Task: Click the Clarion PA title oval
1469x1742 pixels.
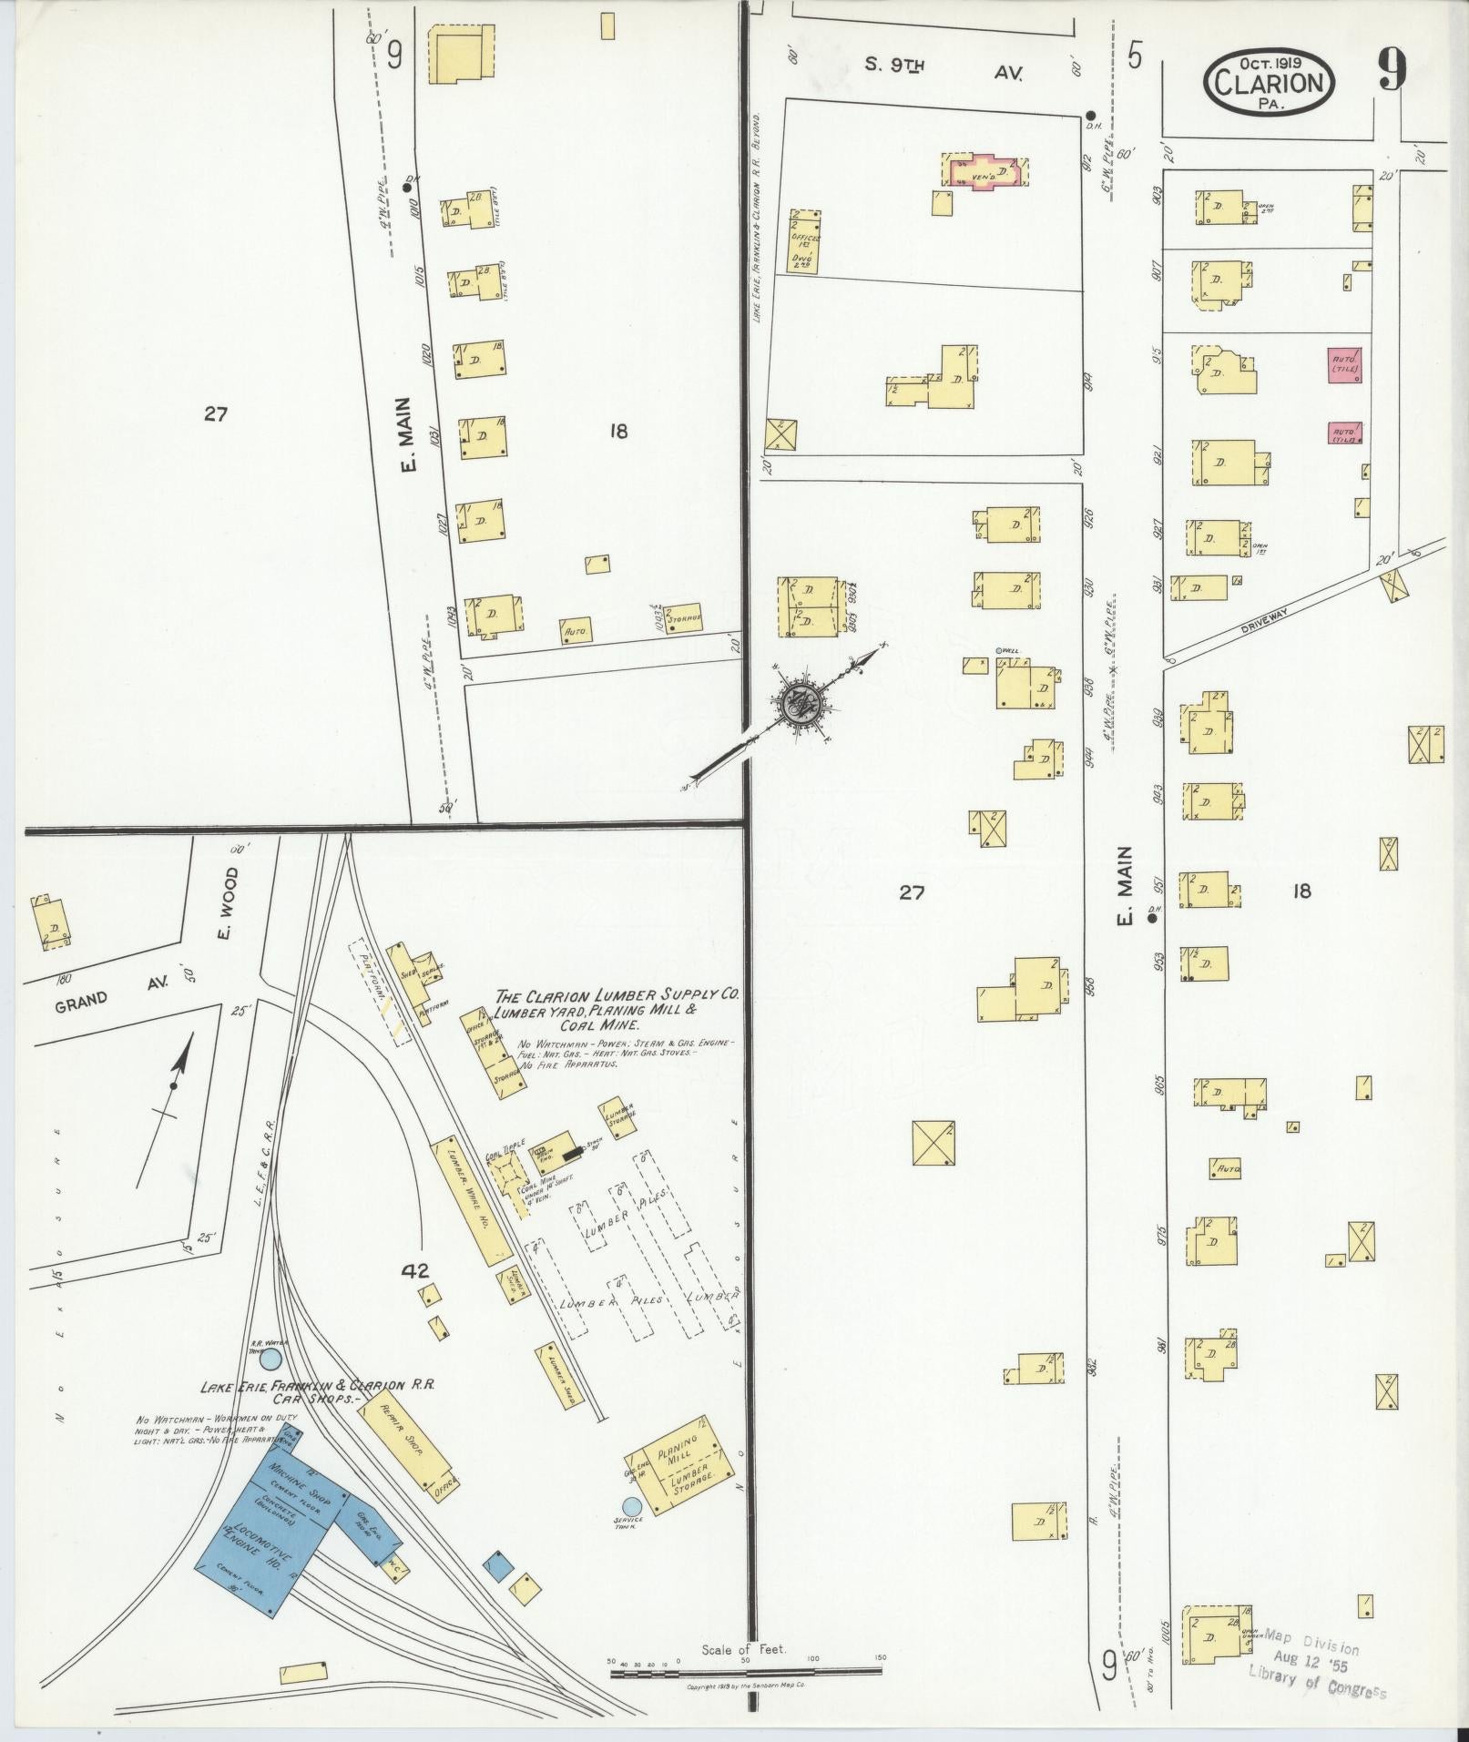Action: click(x=1270, y=83)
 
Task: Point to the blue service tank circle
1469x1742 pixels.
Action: click(x=630, y=1506)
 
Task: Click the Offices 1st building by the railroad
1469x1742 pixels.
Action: click(x=804, y=240)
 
